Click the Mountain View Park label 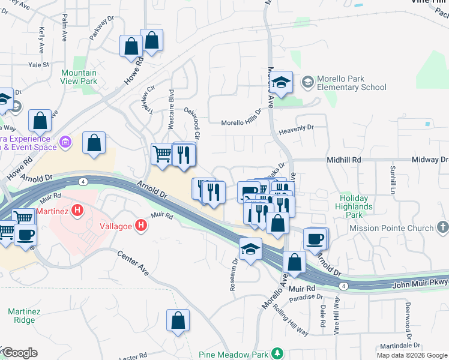pyautogui.click(x=79, y=77)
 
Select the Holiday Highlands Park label pyautogui.click(x=356, y=203)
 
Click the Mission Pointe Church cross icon pyautogui.click(x=442, y=227)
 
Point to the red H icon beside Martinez pyautogui.click(x=77, y=210)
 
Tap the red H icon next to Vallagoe pyautogui.click(x=140, y=226)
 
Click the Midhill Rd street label pyautogui.click(x=343, y=160)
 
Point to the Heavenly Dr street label pyautogui.click(x=297, y=128)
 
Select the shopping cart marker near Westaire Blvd pyautogui.click(x=162, y=154)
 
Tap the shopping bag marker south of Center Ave pyautogui.click(x=178, y=320)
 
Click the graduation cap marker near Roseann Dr pyautogui.click(x=250, y=249)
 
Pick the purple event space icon pyautogui.click(x=65, y=142)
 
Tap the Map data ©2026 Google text pyautogui.click(x=411, y=355)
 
